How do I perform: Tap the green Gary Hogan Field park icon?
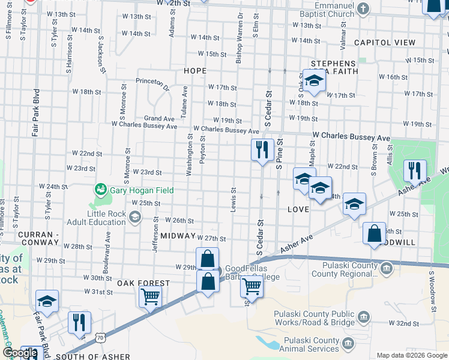pos(100,190)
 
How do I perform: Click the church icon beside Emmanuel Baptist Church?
pos(362,8)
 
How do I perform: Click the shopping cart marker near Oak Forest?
pos(150,296)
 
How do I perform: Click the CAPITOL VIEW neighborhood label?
pos(384,43)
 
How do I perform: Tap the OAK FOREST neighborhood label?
pos(143,283)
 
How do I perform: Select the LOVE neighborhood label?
pos(298,209)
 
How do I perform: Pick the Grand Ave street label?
pos(159,119)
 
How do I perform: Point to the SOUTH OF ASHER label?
pos(92,356)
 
